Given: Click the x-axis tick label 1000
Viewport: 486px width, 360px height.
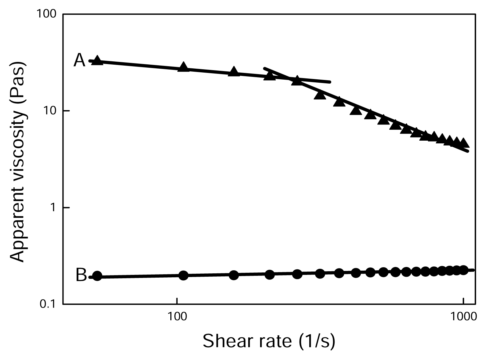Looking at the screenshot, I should pos(463,317).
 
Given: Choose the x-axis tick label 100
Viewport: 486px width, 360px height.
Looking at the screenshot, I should pos(177,317).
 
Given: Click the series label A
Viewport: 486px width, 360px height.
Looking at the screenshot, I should pos(79,60).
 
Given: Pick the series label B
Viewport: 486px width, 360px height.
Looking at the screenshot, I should pos(81,275).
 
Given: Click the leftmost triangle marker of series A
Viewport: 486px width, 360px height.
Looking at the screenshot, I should pos(97,60).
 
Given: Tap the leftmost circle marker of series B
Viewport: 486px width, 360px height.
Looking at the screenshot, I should pos(97,276).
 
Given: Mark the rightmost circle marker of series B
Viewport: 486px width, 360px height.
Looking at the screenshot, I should pos(463,270).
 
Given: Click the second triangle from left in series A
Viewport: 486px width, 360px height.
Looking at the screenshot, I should pos(183,67).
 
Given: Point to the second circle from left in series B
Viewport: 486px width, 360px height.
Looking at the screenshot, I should pos(183,275).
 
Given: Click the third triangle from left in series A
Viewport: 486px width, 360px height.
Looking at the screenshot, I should pos(234,71).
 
